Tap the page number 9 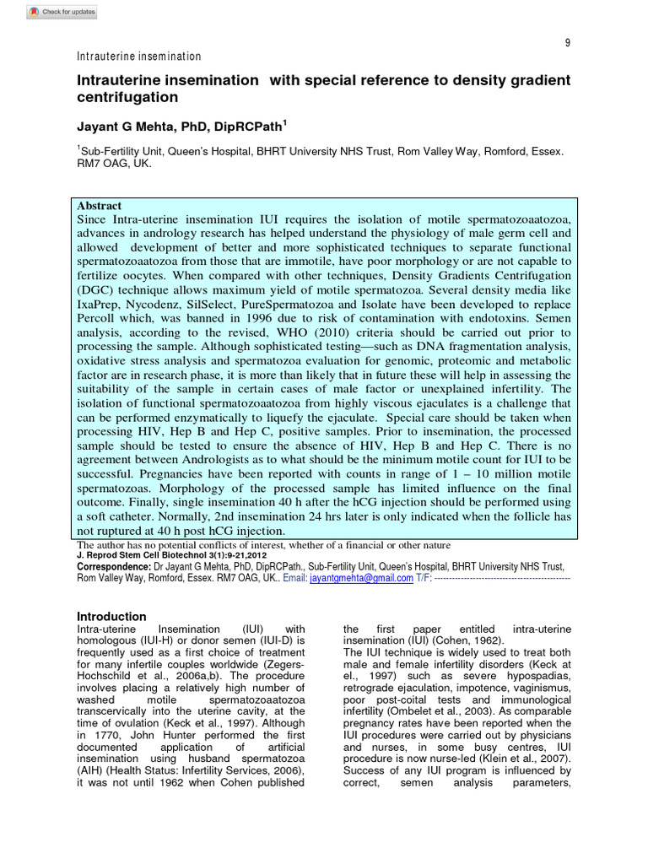[567, 43]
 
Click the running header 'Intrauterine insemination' [139, 57]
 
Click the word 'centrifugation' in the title [128, 97]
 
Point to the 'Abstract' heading [100, 206]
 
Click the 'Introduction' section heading [111, 616]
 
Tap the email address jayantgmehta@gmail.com [361, 579]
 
